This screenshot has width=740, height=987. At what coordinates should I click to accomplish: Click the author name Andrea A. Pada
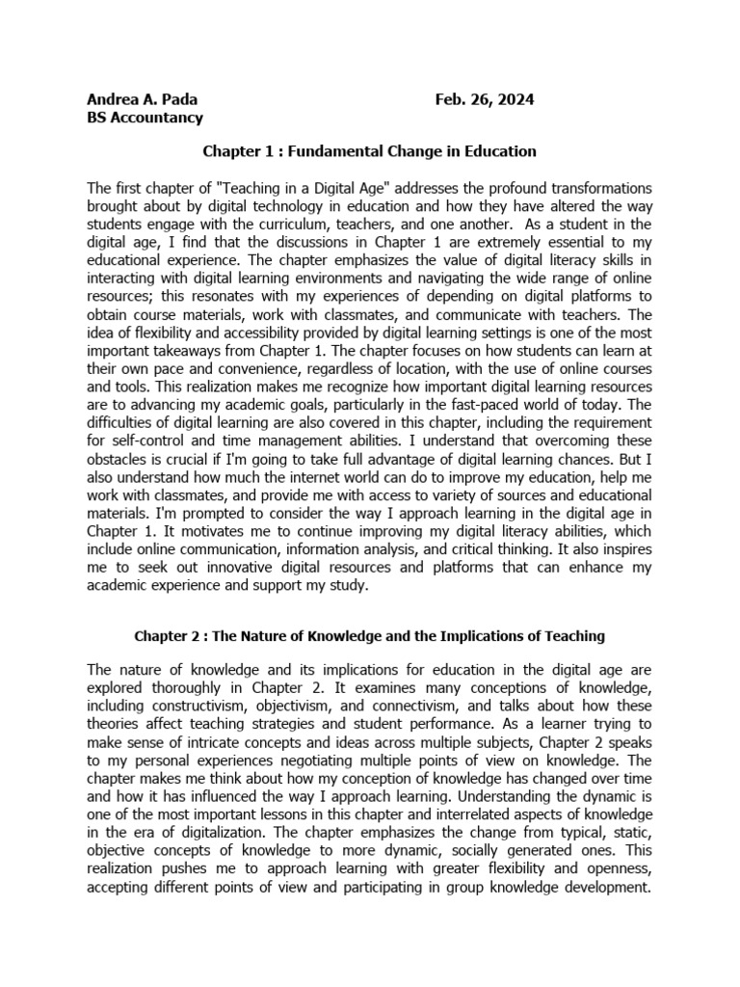click(x=145, y=100)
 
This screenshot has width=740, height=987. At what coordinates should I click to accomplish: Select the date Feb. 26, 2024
click(x=484, y=100)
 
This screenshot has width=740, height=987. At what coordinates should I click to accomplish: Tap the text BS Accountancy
click(x=145, y=119)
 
